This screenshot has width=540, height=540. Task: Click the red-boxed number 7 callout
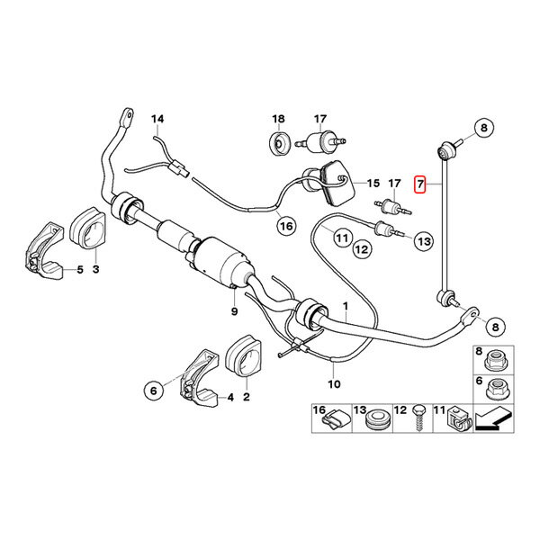pyautogui.click(x=418, y=185)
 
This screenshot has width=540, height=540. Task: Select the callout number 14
pyautogui.click(x=158, y=120)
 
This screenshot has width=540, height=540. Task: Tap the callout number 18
pyautogui.click(x=279, y=120)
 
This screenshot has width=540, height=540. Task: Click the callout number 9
pyautogui.click(x=233, y=310)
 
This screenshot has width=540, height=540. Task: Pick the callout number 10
pyautogui.click(x=335, y=384)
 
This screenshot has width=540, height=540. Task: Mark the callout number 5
pyautogui.click(x=80, y=268)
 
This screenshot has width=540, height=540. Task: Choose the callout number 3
pyautogui.click(x=97, y=268)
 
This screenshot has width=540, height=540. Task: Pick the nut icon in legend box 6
pyautogui.click(x=494, y=392)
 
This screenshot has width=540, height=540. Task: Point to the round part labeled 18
pyautogui.click(x=279, y=142)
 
